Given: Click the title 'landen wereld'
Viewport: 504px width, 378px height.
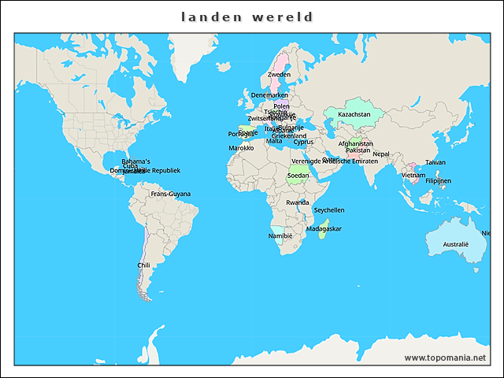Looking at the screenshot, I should click(x=246, y=17).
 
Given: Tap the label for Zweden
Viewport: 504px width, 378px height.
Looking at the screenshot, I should click(x=280, y=75).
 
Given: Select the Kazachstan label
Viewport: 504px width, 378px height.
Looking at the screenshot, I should click(x=354, y=114).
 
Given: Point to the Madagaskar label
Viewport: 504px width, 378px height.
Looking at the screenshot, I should click(x=324, y=228).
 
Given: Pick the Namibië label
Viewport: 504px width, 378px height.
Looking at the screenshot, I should click(x=280, y=235).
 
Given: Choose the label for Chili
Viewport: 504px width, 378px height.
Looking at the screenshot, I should click(x=143, y=265).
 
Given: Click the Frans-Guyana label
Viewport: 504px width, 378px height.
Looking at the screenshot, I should click(x=171, y=194).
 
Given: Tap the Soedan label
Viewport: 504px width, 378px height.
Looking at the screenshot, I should click(x=298, y=176).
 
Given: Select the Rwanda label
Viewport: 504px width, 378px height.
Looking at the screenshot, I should click(x=298, y=202).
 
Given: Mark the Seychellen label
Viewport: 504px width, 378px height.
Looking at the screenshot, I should click(x=329, y=210).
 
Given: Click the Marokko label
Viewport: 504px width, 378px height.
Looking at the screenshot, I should click(x=241, y=148).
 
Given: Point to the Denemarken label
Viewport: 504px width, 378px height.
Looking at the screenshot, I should click(x=269, y=95).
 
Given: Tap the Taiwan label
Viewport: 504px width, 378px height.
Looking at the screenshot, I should click(x=435, y=162).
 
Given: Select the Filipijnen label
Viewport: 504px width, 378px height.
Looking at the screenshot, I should click(x=438, y=180).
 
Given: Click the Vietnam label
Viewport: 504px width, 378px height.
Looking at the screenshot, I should click(x=413, y=175).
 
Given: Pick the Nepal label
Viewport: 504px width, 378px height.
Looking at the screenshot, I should click(x=381, y=154).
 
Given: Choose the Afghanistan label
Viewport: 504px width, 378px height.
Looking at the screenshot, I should click(x=355, y=143).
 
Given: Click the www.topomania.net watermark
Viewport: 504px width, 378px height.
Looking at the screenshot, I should click(x=445, y=358).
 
